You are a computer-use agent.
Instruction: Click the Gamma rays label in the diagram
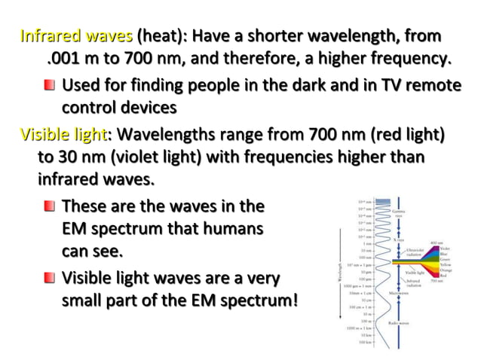click(400, 215)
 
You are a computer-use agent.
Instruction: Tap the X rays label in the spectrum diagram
click(398, 237)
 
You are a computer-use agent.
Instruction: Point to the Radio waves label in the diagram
click(399, 322)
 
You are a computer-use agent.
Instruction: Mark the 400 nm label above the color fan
click(436, 243)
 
